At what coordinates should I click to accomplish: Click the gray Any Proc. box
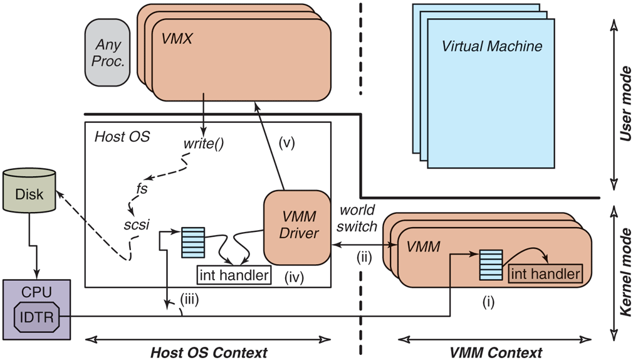pos(110,53)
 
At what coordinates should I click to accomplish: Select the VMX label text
pos(177,40)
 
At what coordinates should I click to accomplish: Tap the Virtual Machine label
pos(492,46)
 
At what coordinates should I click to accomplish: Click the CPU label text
pos(34,292)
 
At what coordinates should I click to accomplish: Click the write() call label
pos(204,144)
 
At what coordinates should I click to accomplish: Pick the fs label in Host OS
pos(142,188)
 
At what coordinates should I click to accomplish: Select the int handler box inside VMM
pos(545,273)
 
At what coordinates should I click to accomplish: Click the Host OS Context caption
pos(209,352)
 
